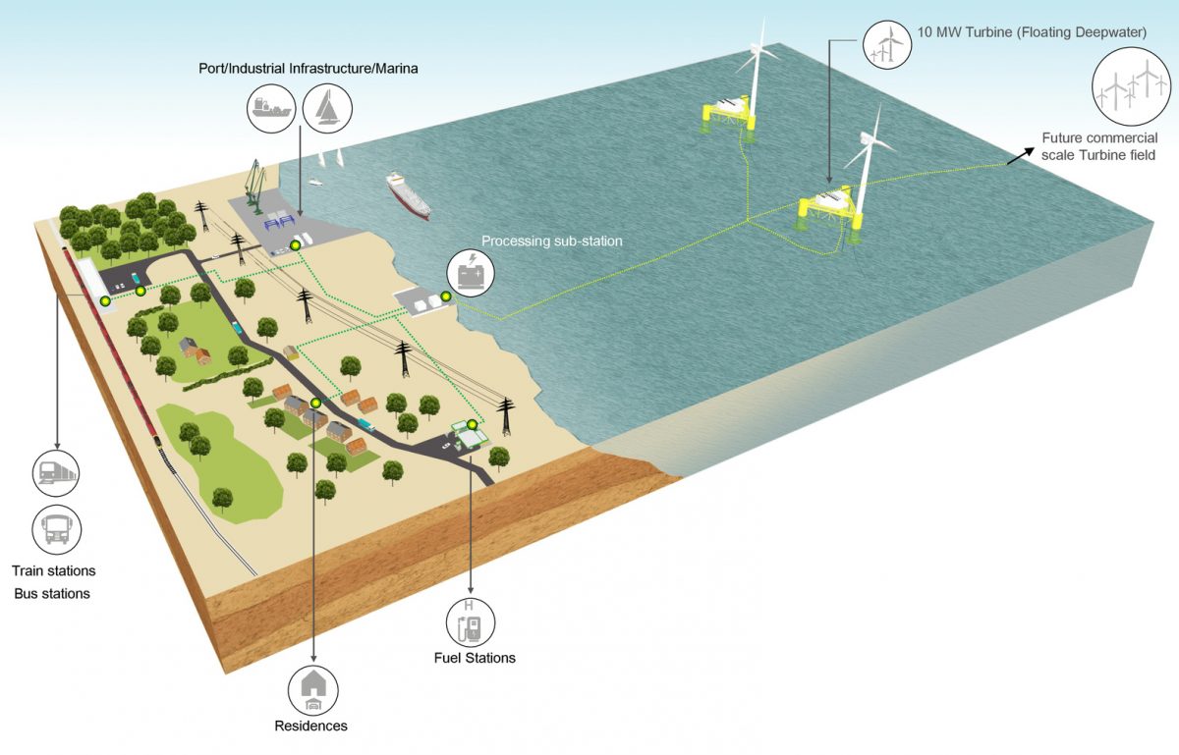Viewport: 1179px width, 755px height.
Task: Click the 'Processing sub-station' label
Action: click(551, 242)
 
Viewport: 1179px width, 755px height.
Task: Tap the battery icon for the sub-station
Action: click(471, 274)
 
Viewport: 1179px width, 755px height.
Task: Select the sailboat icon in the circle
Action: click(327, 107)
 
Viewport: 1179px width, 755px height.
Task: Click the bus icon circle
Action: click(56, 530)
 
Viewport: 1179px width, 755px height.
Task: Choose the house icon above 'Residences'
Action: click(312, 690)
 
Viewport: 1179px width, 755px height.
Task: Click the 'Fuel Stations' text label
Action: click(475, 658)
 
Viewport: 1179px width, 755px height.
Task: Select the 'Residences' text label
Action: click(310, 727)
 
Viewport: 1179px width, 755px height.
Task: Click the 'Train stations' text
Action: click(54, 570)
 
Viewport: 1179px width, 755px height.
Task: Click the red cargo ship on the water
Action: click(408, 195)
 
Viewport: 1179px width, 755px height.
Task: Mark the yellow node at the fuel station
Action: click(473, 425)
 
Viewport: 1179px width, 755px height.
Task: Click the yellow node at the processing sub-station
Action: click(445, 297)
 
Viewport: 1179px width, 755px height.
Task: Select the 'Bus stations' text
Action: click(52, 594)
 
